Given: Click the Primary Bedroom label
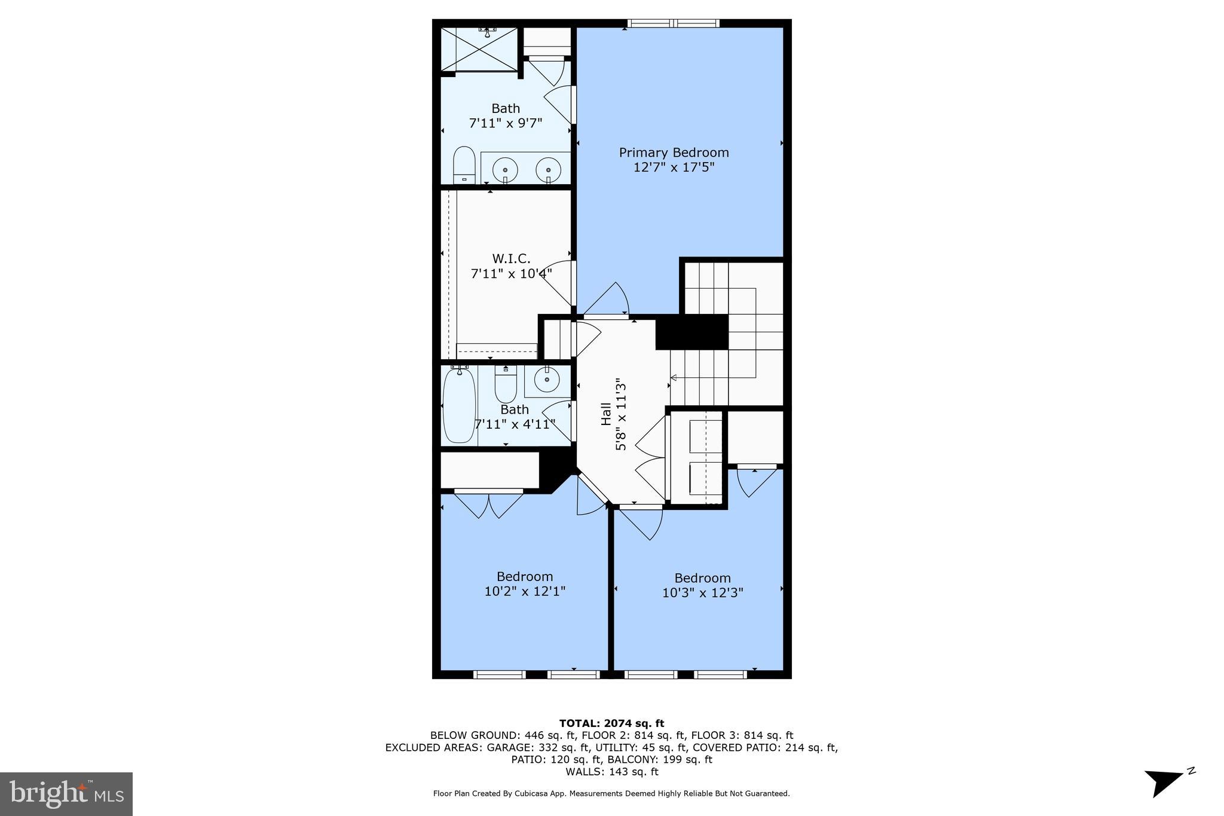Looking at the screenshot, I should (x=674, y=152).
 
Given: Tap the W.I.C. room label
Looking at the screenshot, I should (x=511, y=258).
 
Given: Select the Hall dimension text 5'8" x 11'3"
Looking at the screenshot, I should (x=622, y=414).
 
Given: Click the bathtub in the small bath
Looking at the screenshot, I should (x=459, y=405).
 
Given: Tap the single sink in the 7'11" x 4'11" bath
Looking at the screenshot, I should (x=546, y=379).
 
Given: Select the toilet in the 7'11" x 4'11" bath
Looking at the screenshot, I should (x=506, y=385).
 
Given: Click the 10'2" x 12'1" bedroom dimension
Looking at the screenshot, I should (x=525, y=591).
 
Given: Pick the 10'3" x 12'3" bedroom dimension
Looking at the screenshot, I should (x=702, y=593).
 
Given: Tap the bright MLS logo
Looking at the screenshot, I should (x=66, y=793).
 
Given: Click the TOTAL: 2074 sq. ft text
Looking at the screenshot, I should (x=611, y=723).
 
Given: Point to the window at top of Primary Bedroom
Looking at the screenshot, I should (x=673, y=23).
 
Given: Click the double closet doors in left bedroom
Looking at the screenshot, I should (x=489, y=503).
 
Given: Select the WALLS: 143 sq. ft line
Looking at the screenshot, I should (x=611, y=772).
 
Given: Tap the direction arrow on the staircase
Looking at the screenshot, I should (x=674, y=378).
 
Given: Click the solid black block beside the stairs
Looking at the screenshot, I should (x=691, y=332).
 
